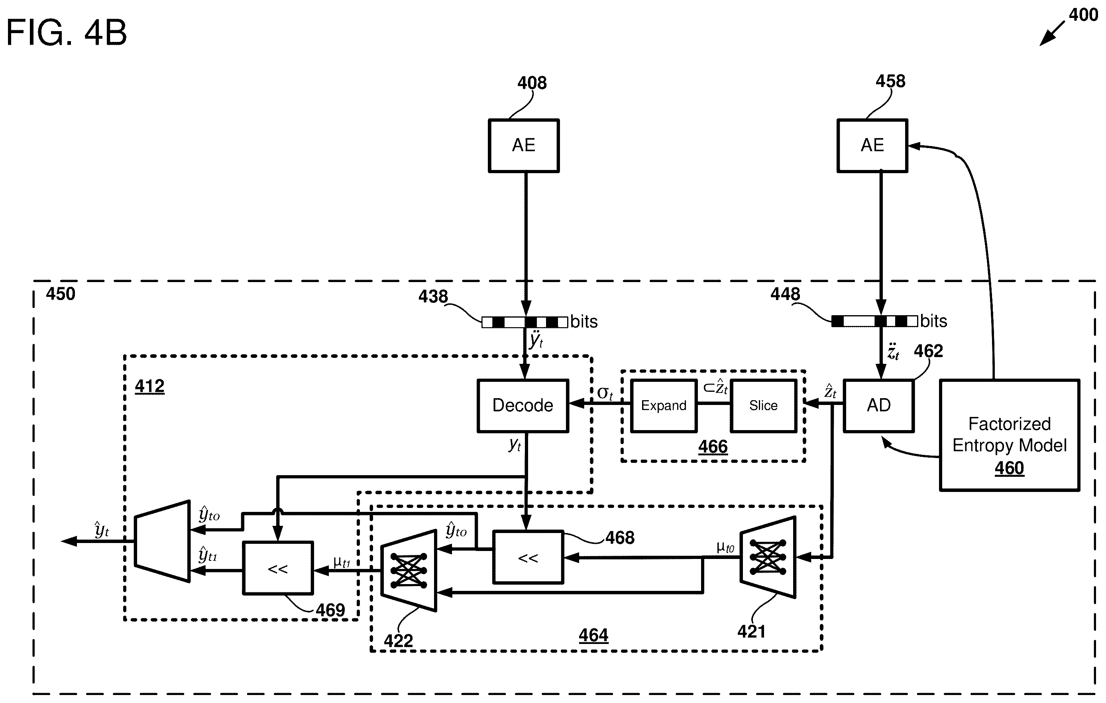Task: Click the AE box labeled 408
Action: [x=524, y=146]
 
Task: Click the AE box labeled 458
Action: [x=872, y=146]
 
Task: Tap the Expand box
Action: [x=664, y=405]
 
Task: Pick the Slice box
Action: [x=763, y=405]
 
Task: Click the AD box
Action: [x=879, y=405]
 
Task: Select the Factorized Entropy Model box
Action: [x=1010, y=435]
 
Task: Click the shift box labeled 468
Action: [x=528, y=557]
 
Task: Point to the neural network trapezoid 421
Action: [x=768, y=557]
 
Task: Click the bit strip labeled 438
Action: [x=525, y=322]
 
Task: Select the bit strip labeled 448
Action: [x=874, y=321]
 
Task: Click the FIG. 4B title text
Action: [x=66, y=33]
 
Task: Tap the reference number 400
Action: [x=1083, y=15]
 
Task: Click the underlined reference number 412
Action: [x=150, y=386]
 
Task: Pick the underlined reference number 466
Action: [x=713, y=446]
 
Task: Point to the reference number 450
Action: [x=60, y=294]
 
